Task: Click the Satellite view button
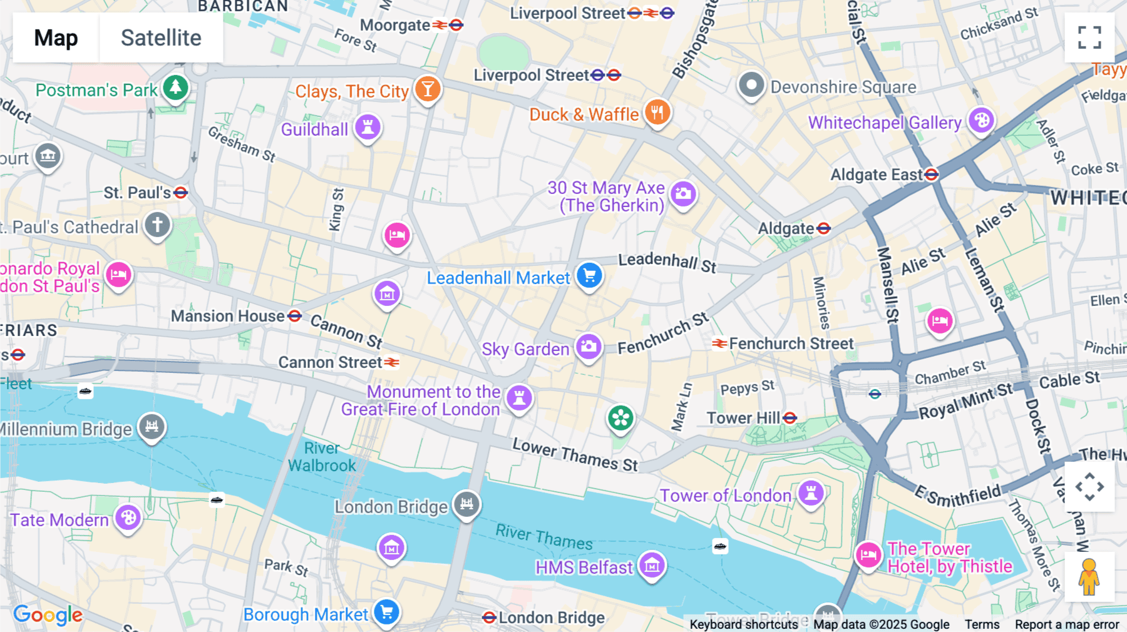coord(161,38)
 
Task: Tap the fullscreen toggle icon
coord(1089,38)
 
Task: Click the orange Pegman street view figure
coord(1089,577)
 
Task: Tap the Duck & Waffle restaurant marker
coord(657,113)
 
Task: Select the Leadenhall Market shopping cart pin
coord(589,275)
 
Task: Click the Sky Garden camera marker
coord(589,347)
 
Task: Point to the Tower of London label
coord(725,496)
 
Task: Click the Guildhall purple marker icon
coord(368,128)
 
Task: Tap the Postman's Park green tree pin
coord(175,88)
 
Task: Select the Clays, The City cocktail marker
coord(428,89)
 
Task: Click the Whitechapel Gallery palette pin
coord(981,120)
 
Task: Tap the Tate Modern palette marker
coord(128,518)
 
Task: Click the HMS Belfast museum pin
coord(651,566)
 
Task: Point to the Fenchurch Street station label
coord(791,344)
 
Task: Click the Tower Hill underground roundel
coord(790,418)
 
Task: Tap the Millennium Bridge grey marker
coord(152,427)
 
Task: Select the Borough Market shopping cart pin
coord(386,612)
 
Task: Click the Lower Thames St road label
coord(575,455)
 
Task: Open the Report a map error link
coord(1066,624)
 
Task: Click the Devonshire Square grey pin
coord(751,85)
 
